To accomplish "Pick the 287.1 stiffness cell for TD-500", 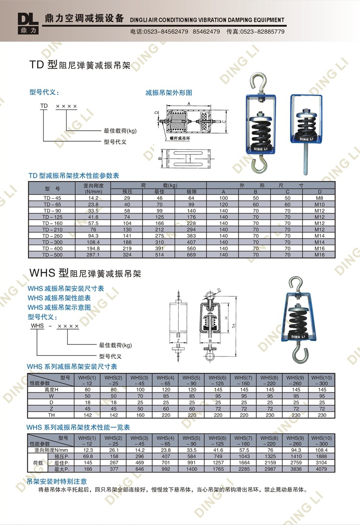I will [x=93, y=254].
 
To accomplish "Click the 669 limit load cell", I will [x=192, y=254].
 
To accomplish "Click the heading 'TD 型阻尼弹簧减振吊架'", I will [x=80, y=64].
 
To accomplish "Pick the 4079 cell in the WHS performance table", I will [x=322, y=469].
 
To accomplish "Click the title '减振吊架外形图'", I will [x=168, y=92].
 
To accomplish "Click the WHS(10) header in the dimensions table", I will [x=322, y=380].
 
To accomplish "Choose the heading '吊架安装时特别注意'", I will [x=57, y=481].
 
